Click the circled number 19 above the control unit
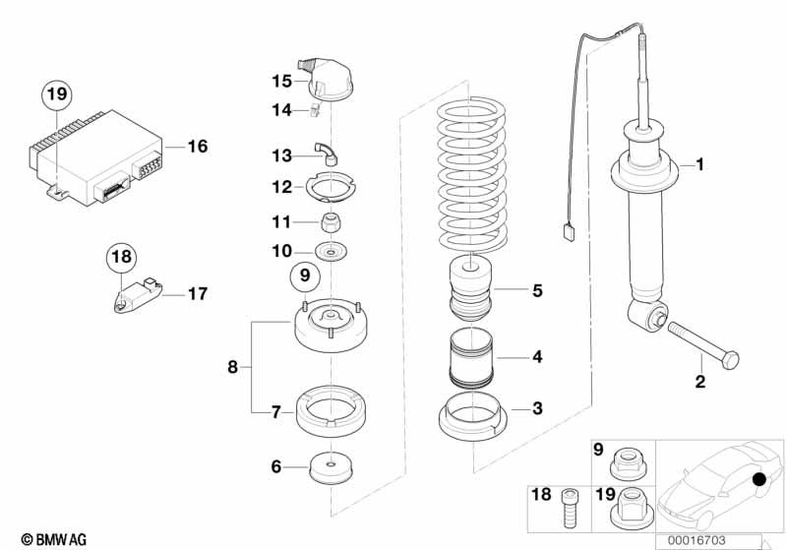tap(57, 93)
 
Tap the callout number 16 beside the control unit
tap(198, 147)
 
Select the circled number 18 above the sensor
tap(121, 257)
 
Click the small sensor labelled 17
tap(138, 295)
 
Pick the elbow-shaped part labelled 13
tap(327, 153)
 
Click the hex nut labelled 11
tap(332, 222)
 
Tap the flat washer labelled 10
tap(331, 251)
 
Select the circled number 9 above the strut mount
tap(305, 275)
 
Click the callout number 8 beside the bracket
tap(232, 367)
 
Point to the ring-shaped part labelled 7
tap(331, 410)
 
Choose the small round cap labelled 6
tap(331, 467)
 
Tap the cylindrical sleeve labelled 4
tap(471, 358)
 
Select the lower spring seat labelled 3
tap(473, 416)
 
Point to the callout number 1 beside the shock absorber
tap(700, 164)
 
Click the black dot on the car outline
tap(759, 479)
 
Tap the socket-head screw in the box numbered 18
tap(570, 508)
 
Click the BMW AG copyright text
tap(54, 539)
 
